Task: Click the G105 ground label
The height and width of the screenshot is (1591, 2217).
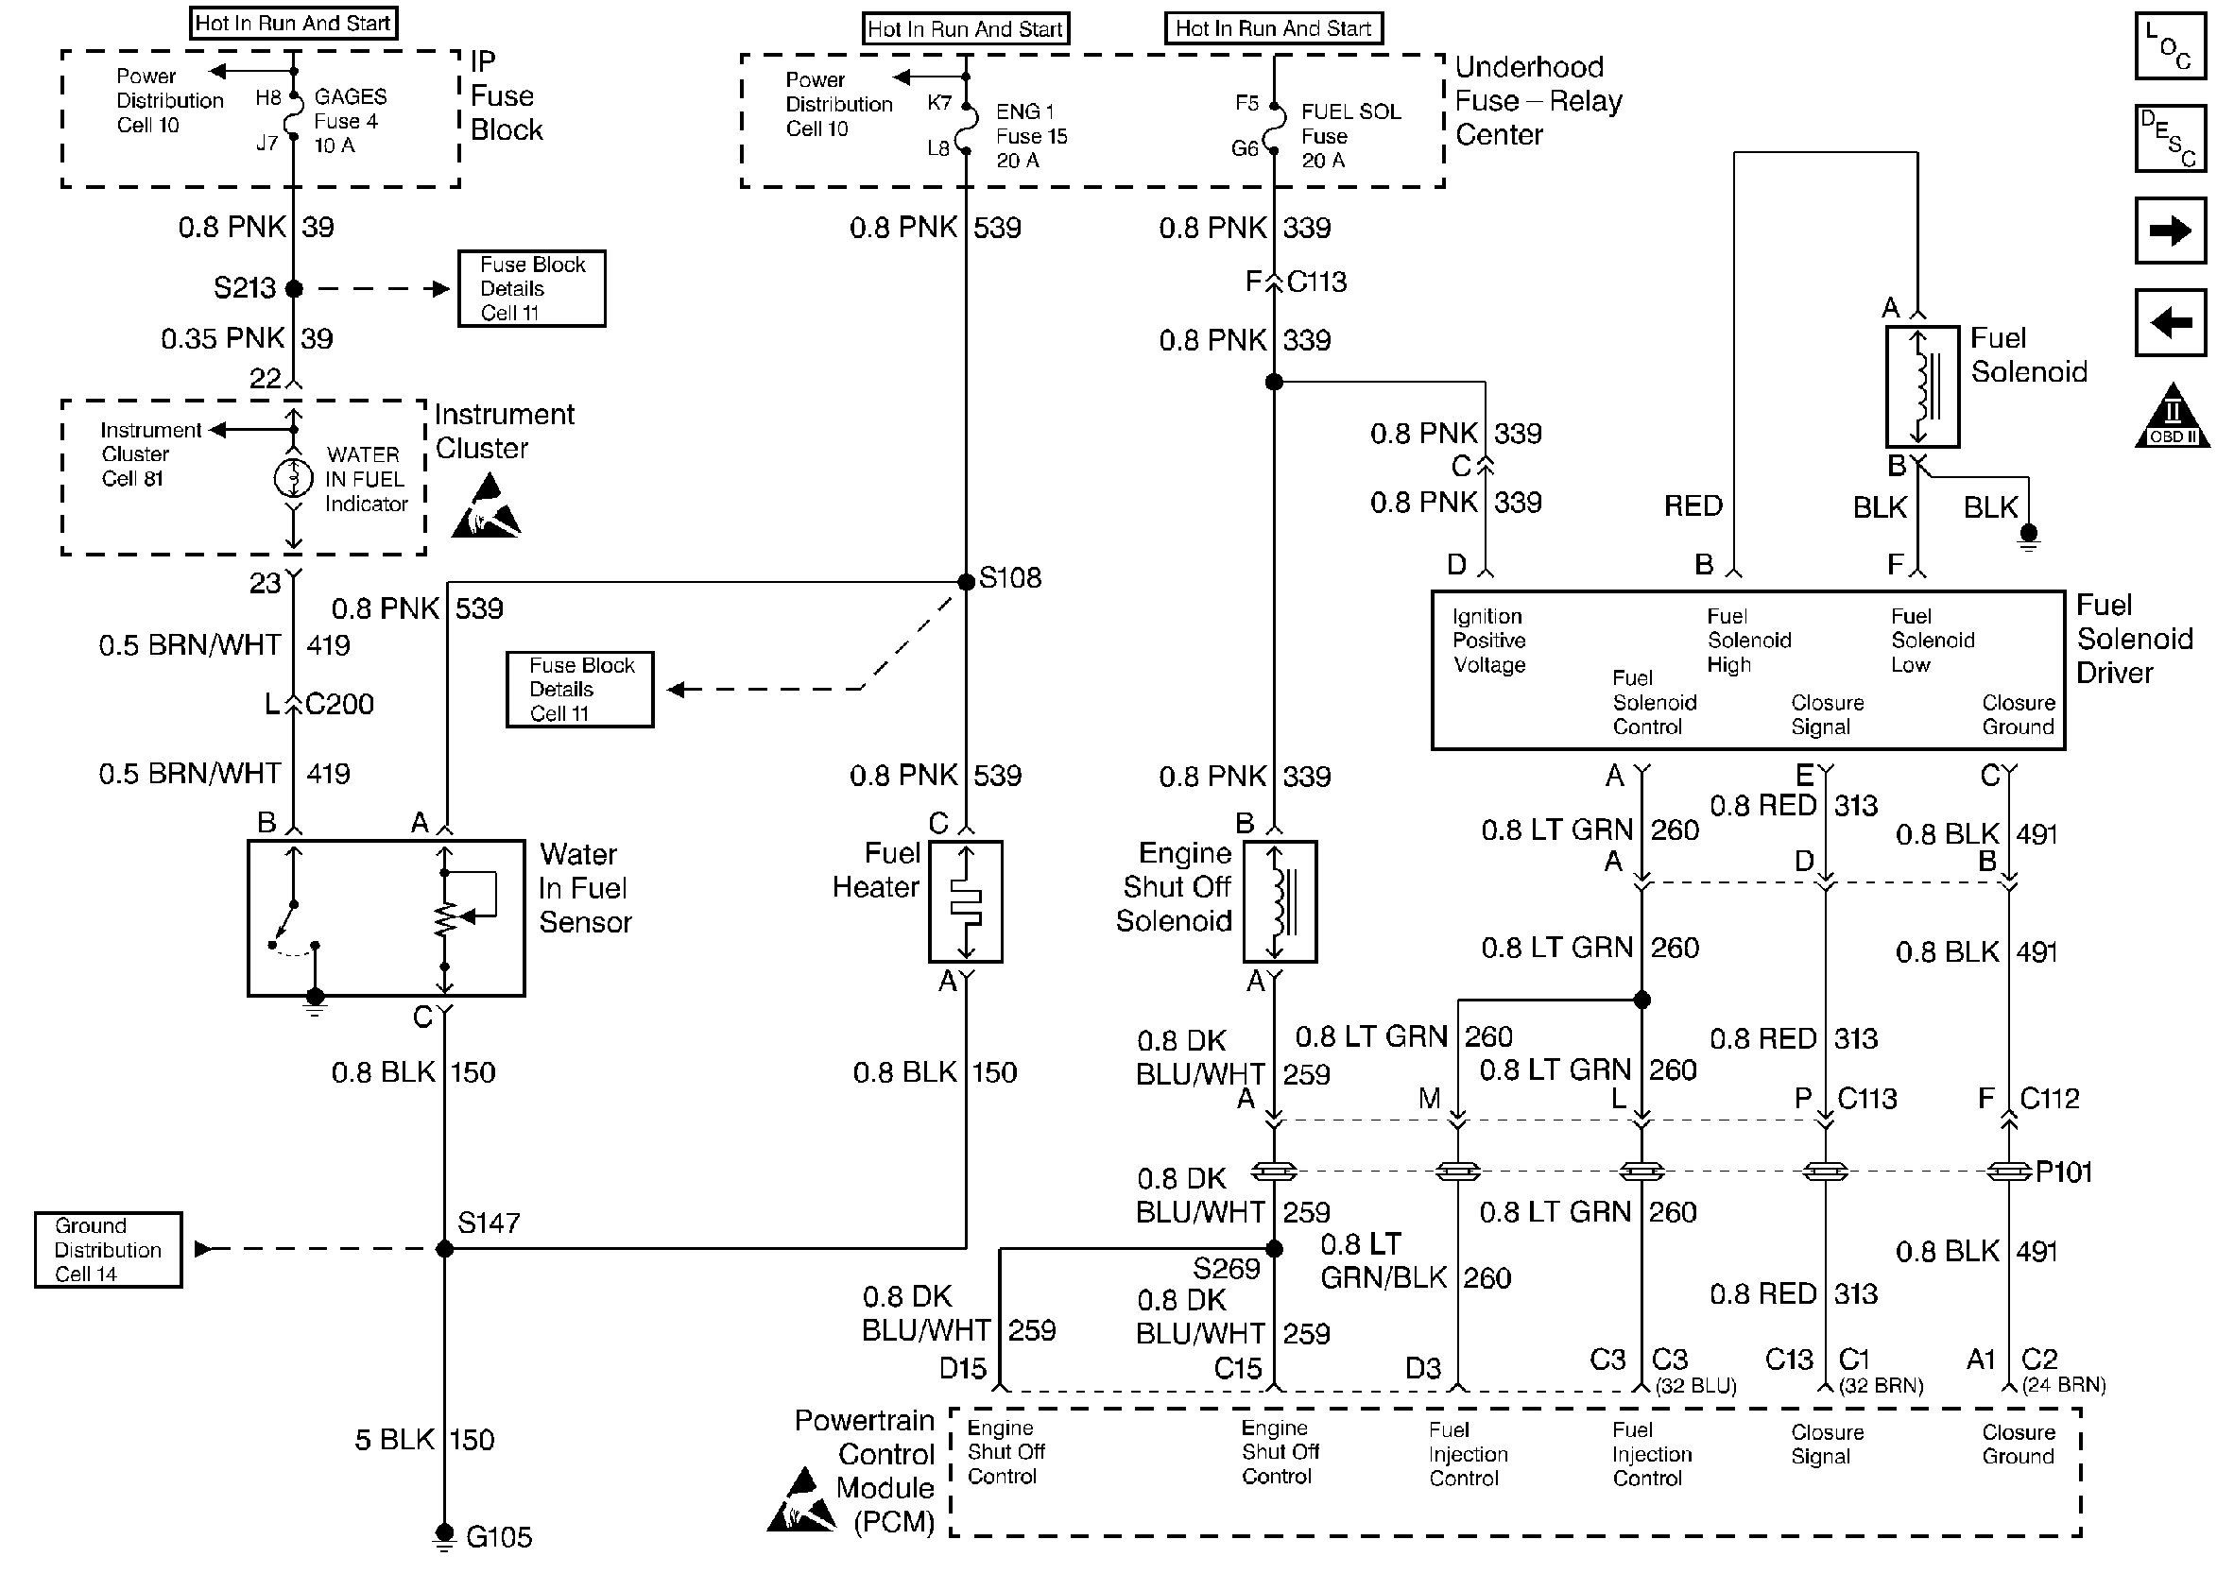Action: tap(499, 1536)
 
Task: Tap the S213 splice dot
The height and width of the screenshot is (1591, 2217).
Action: tap(294, 288)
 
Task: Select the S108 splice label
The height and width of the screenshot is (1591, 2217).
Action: tap(1010, 577)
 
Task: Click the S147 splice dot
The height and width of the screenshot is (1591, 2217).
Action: tap(445, 1249)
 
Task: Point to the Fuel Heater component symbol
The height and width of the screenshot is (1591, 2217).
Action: tap(966, 901)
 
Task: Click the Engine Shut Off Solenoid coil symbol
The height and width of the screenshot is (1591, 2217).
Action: tap(1280, 901)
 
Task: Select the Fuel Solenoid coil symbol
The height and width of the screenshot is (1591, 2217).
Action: tap(1923, 386)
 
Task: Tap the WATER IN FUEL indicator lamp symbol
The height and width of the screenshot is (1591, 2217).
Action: tap(293, 479)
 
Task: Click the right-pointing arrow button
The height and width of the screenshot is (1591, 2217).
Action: tap(2170, 231)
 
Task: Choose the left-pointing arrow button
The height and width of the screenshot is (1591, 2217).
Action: tap(2170, 321)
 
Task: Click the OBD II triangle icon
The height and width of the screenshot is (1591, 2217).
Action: tap(2172, 416)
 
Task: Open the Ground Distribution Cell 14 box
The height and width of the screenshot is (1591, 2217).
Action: tap(109, 1250)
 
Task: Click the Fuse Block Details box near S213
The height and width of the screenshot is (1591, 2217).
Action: tap(532, 288)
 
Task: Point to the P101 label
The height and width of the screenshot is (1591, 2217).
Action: tap(2064, 1171)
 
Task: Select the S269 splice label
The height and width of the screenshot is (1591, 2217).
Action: tap(1226, 1269)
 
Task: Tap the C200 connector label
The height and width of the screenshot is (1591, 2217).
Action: tap(339, 704)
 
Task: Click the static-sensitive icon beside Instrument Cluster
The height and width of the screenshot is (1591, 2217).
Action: tap(486, 505)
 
